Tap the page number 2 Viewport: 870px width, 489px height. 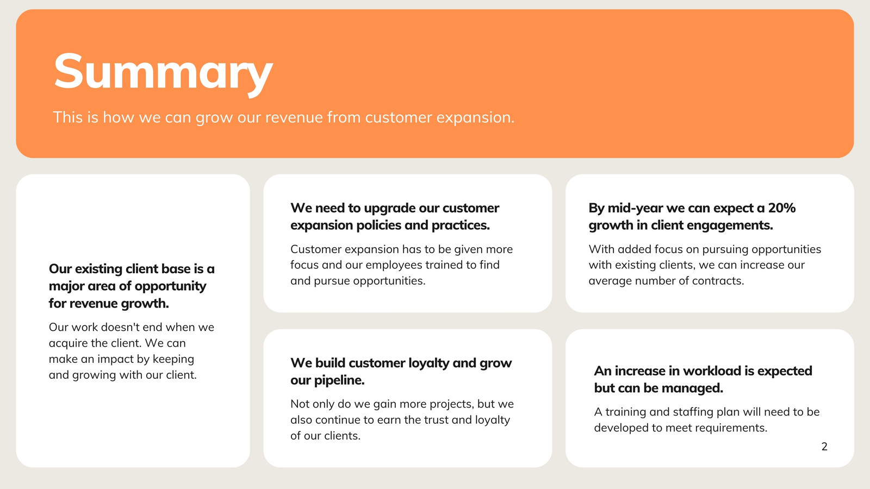[824, 446]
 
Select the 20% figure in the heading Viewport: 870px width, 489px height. [781, 208]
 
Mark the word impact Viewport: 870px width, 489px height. [115, 359]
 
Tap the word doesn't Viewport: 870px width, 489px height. [115, 327]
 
